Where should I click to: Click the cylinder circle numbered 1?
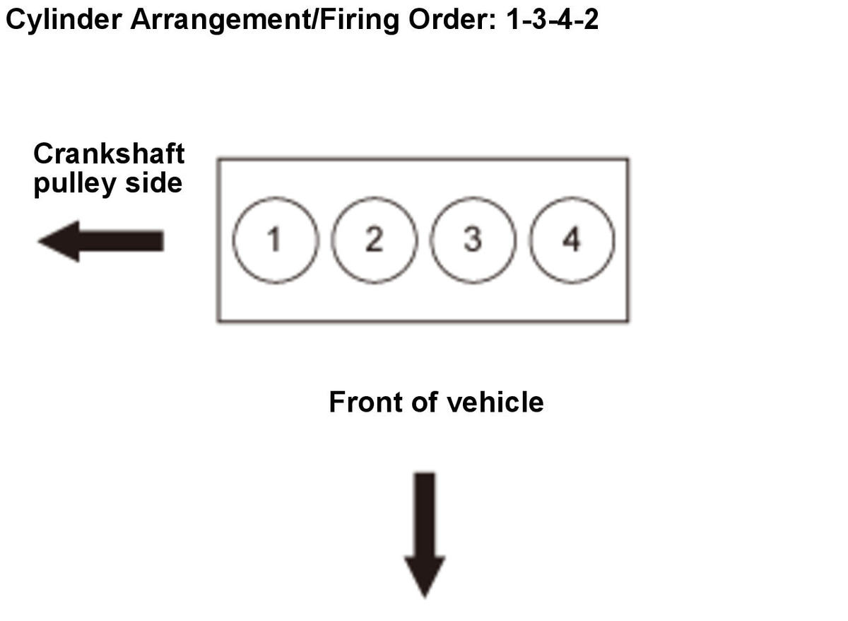tap(275, 240)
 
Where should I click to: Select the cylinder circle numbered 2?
tap(374, 240)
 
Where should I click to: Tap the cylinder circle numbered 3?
tap(473, 240)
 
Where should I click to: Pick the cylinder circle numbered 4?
tap(572, 240)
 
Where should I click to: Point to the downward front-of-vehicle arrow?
tap(425, 534)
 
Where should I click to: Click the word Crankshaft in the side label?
tap(109, 153)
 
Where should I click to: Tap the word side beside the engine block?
tap(153, 183)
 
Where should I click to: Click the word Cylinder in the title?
tap(65, 19)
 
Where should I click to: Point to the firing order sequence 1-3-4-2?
tap(552, 19)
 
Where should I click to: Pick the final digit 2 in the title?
tap(591, 19)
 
